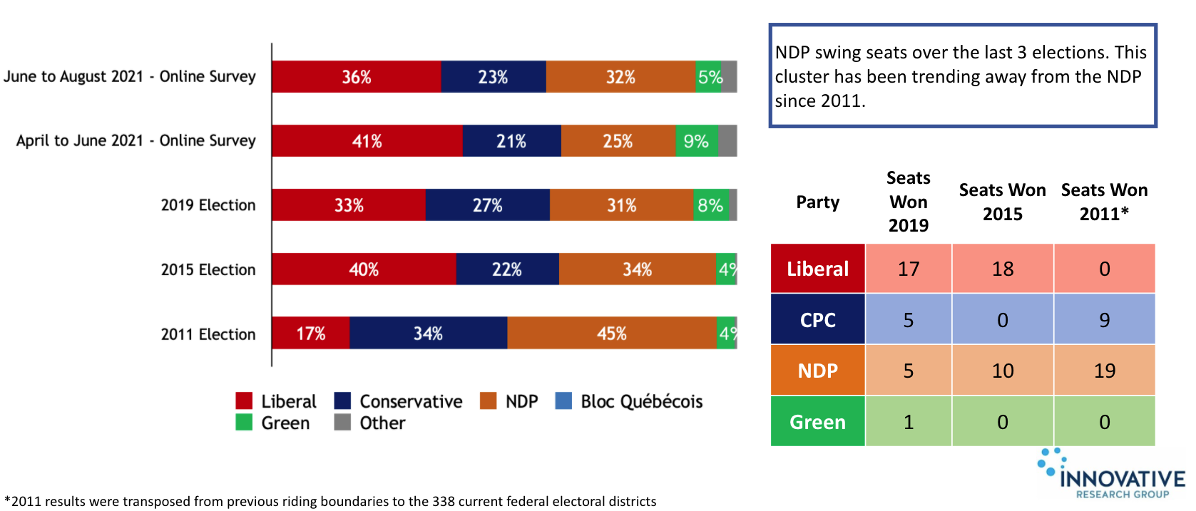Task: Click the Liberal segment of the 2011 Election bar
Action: (x=310, y=334)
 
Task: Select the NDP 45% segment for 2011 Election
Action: (x=612, y=334)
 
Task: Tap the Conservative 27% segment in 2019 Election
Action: (x=487, y=205)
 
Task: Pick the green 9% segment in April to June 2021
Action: (x=696, y=141)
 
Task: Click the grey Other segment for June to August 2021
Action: (x=729, y=77)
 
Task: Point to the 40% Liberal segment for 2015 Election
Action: (x=363, y=269)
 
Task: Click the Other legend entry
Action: (x=370, y=423)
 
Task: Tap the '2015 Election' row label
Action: (x=208, y=269)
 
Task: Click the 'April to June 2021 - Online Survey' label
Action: (x=136, y=140)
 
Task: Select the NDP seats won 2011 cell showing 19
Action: (x=1104, y=371)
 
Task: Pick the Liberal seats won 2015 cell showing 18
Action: (x=1002, y=269)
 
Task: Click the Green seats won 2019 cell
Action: (x=908, y=422)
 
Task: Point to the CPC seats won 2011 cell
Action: (x=1104, y=320)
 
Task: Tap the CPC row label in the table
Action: (x=817, y=320)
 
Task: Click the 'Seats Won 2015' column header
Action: (x=1002, y=202)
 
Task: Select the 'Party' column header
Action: (x=817, y=202)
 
